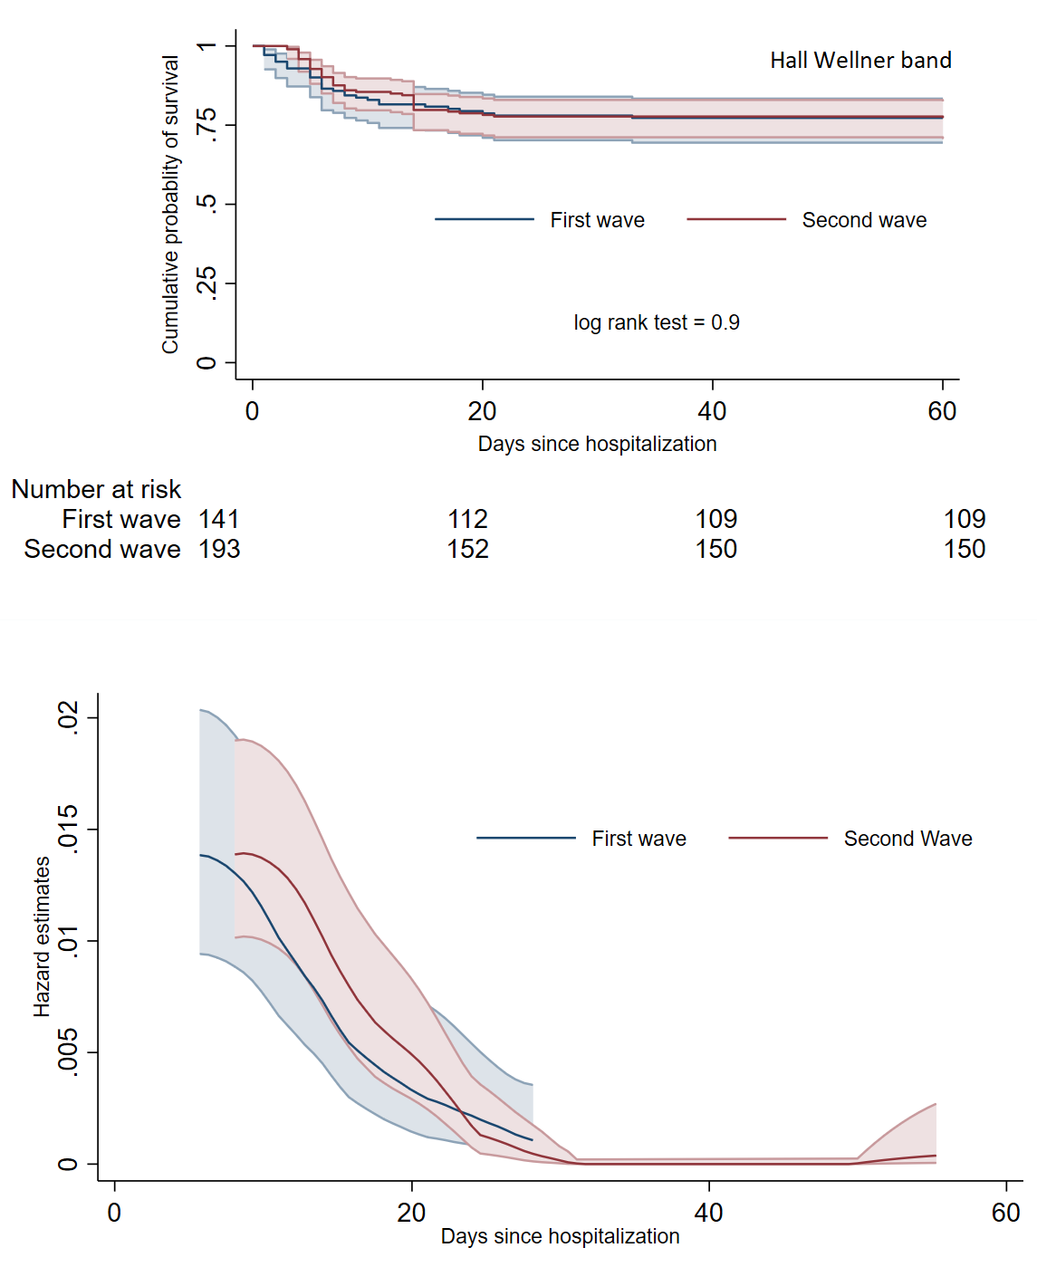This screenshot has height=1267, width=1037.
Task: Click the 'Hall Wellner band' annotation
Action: pyautogui.click(x=860, y=61)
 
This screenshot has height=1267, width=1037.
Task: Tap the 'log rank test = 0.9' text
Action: pyautogui.click(x=657, y=322)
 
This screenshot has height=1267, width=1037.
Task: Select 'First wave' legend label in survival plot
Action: pyautogui.click(x=597, y=220)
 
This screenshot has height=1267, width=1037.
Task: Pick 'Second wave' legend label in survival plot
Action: pyautogui.click(x=864, y=220)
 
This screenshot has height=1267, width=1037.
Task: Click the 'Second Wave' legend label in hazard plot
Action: pyautogui.click(x=907, y=839)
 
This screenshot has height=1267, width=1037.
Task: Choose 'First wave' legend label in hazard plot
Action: pyautogui.click(x=639, y=839)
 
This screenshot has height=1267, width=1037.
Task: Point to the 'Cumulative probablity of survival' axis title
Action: pyautogui.click(x=170, y=204)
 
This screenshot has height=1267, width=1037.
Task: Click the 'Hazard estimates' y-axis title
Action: pyautogui.click(x=42, y=936)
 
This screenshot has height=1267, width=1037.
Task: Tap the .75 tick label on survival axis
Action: pyautogui.click(x=207, y=124)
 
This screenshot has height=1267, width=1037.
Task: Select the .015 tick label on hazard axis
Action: pyautogui.click(x=69, y=828)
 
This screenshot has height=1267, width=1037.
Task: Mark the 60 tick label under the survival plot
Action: pyautogui.click(x=942, y=411)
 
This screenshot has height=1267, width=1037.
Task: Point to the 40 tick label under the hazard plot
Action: pyautogui.click(x=708, y=1213)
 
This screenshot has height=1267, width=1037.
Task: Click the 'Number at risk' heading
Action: pyautogui.click(x=96, y=489)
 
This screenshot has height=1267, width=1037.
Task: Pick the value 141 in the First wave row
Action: pyautogui.click(x=219, y=519)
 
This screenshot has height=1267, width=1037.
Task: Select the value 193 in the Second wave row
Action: pyautogui.click(x=219, y=549)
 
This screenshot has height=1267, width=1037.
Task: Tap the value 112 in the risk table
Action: pyautogui.click(x=467, y=519)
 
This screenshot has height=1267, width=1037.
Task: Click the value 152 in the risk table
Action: pyautogui.click(x=467, y=549)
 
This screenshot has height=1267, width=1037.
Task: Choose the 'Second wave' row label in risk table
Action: pyautogui.click(x=102, y=549)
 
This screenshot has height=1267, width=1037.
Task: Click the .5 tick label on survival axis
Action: pyautogui.click(x=207, y=203)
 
